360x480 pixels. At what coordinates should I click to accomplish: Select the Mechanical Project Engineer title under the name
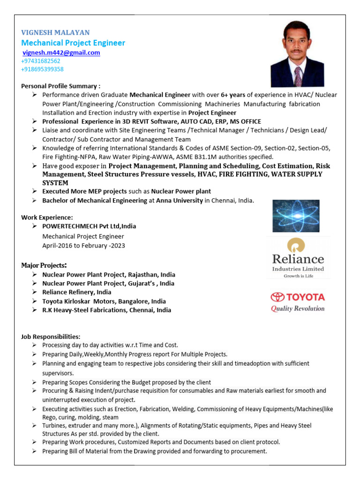click(x=73, y=43)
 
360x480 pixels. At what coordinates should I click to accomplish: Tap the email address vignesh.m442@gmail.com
click(x=61, y=53)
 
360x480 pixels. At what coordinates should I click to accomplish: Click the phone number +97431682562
click(x=41, y=61)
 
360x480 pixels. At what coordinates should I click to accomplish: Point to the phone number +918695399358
click(x=42, y=69)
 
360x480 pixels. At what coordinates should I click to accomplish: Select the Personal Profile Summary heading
click(x=61, y=86)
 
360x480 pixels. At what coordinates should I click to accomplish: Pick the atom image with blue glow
click(x=296, y=216)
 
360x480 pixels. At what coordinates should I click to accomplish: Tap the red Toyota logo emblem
click(x=277, y=297)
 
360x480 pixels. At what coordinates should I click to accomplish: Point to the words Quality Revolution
click(x=298, y=308)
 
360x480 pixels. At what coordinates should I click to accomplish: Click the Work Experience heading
click(x=47, y=217)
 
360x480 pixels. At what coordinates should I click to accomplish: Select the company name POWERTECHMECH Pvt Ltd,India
click(x=89, y=226)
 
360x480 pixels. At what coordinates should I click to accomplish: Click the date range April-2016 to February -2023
click(x=84, y=245)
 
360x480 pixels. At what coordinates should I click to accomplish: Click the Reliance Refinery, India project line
click(x=77, y=292)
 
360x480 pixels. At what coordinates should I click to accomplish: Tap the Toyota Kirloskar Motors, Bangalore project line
click(x=104, y=301)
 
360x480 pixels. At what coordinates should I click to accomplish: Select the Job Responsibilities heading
click(x=51, y=337)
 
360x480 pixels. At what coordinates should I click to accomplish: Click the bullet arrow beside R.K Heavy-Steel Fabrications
click(x=35, y=310)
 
